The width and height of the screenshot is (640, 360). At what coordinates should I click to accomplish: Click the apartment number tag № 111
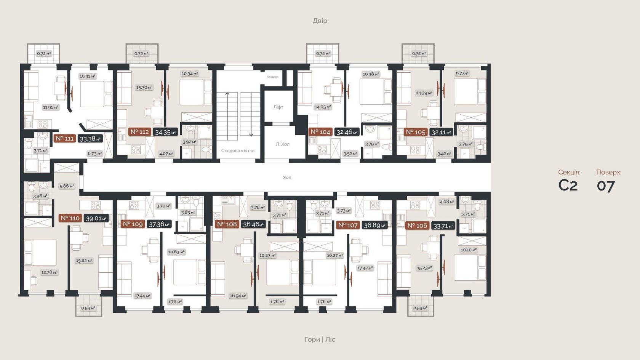pyautogui.click(x=64, y=139)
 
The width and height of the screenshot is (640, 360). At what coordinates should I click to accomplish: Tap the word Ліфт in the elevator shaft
pyautogui.click(x=278, y=107)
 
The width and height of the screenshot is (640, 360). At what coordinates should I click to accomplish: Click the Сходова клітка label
pyautogui.click(x=238, y=150)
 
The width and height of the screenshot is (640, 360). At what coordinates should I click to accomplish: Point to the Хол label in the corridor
pyautogui.click(x=287, y=178)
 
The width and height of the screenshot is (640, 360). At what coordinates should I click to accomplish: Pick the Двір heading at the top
pyautogui.click(x=320, y=21)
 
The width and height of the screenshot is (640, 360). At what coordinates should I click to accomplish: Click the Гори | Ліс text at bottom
pyautogui.click(x=320, y=339)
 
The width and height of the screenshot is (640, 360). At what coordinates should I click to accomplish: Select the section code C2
pyautogui.click(x=568, y=185)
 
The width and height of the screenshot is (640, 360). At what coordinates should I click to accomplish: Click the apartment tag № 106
pyautogui.click(x=417, y=226)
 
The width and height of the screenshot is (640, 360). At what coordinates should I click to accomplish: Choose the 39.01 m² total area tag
pyautogui.click(x=96, y=218)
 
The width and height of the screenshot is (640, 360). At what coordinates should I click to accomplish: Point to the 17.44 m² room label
pyautogui.click(x=142, y=296)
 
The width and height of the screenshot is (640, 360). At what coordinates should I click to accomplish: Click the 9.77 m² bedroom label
pyautogui.click(x=462, y=74)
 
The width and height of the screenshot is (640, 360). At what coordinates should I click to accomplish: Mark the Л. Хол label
pyautogui.click(x=282, y=144)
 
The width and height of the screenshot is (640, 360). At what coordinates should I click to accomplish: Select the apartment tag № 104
pyautogui.click(x=320, y=132)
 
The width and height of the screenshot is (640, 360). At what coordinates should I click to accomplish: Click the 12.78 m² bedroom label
pyautogui.click(x=49, y=272)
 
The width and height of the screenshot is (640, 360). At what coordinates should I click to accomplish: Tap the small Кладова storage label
pyautogui.click(x=272, y=77)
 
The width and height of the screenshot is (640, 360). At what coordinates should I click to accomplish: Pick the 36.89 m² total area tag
pyautogui.click(x=374, y=225)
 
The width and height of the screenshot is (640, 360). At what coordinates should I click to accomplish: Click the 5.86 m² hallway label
pyautogui.click(x=67, y=186)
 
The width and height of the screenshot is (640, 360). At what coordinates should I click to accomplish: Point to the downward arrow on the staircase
pyautogui.click(x=251, y=133)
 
